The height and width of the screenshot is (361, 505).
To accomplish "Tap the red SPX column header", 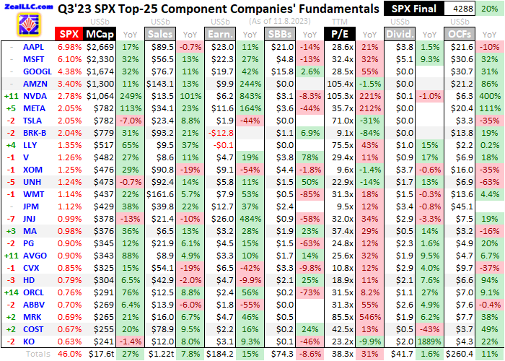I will coord(69,33).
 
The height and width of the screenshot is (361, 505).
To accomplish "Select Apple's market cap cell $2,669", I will coord(100,46).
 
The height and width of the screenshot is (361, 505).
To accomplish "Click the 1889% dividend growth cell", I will coord(430,341).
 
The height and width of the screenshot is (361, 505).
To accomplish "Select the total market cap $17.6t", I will coord(100,354).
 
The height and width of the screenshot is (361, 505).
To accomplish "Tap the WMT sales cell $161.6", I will coord(161,193).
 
